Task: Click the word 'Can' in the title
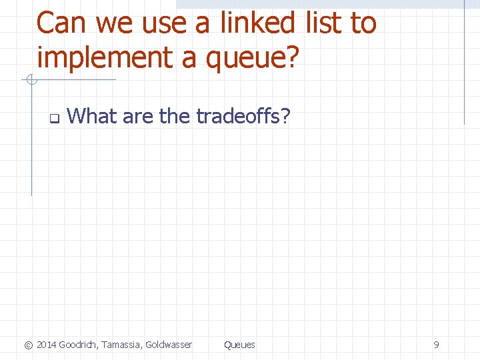[x=62, y=24]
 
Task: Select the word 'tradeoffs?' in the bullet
[x=243, y=117]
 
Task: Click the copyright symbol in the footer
[x=28, y=345]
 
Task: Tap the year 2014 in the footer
[x=47, y=345]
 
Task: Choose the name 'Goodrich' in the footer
[x=79, y=345]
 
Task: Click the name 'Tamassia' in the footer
[x=123, y=345]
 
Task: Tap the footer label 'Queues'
[x=239, y=345]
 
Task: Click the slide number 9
[x=436, y=345]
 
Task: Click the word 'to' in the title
[x=363, y=25]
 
